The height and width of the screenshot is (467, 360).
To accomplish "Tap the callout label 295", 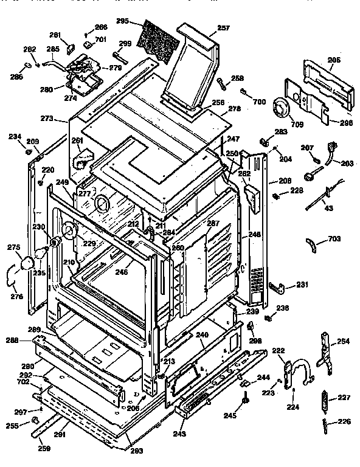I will pos(122,21).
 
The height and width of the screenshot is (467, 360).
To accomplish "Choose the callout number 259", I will pos(44,448).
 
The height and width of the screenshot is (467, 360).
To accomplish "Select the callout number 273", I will pos(47,117).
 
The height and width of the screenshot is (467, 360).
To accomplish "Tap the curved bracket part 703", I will pos(313,246).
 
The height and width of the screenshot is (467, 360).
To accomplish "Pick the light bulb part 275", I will pos(29,263).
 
